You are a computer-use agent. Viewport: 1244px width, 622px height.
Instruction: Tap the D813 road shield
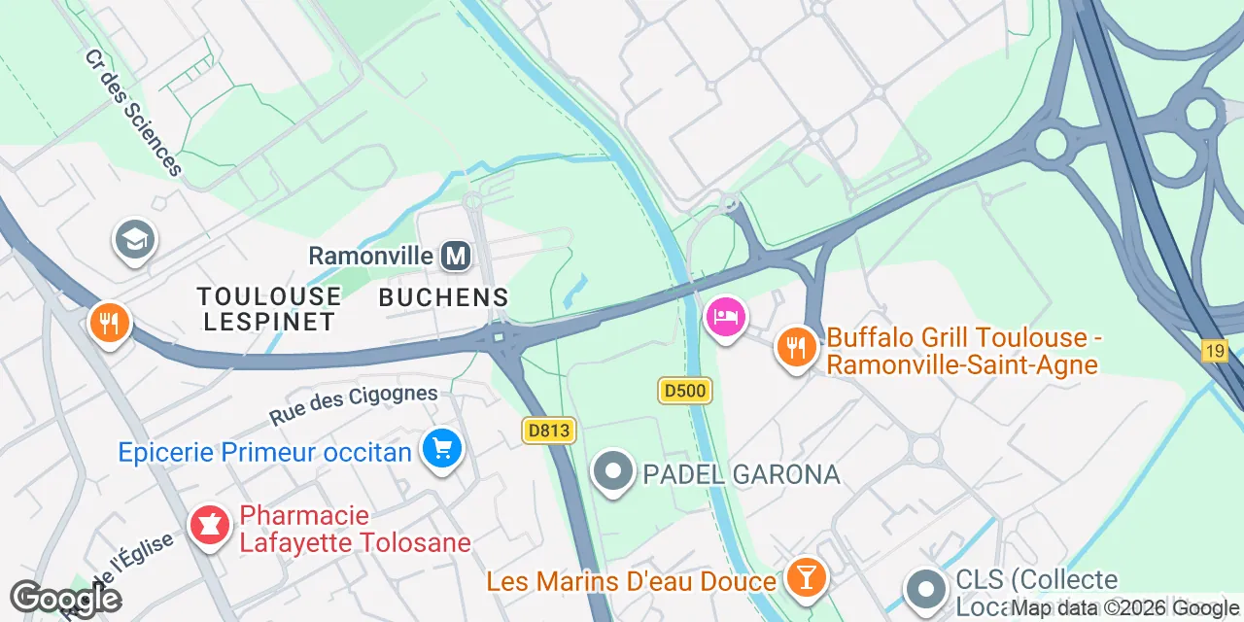click(x=550, y=431)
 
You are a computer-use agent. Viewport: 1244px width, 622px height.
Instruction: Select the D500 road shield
click(x=685, y=391)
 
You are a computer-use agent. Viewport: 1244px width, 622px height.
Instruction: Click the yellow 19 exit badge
click(x=1215, y=351)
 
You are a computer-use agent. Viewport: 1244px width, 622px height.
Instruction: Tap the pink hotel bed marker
click(x=726, y=317)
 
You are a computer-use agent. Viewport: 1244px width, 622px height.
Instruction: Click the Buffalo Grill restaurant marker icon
click(x=796, y=346)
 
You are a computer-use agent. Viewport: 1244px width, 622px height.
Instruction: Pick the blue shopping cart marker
click(x=442, y=449)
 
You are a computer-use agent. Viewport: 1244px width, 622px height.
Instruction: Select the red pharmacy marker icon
click(x=209, y=526)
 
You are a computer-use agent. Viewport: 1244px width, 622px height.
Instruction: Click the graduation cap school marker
click(x=135, y=239)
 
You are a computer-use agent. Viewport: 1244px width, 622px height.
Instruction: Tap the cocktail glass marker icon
click(x=805, y=577)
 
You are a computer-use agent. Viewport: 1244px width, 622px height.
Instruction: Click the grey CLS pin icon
click(x=925, y=589)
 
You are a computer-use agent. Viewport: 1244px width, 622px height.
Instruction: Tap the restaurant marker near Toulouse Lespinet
click(x=110, y=322)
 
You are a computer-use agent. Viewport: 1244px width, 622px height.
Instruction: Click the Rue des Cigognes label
click(x=354, y=404)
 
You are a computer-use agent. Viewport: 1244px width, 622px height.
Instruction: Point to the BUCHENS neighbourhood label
click(x=443, y=297)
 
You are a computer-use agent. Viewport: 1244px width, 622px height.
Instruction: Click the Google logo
click(x=65, y=598)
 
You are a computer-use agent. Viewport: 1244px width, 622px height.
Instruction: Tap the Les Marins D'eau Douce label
click(x=632, y=581)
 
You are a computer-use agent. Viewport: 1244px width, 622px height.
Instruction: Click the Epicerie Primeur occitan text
click(x=264, y=452)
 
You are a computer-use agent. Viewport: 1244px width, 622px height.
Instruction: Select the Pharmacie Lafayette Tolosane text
click(x=356, y=529)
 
